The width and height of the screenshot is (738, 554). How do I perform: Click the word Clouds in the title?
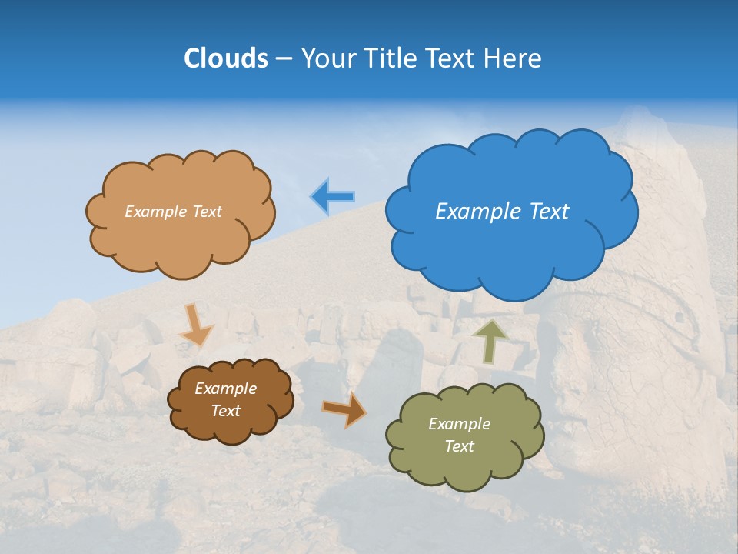tap(226, 58)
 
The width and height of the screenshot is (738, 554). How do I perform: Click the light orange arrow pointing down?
tap(196, 325)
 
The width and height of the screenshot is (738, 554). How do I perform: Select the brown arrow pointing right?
tap(344, 409)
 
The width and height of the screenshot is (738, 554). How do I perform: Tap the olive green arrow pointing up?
tap(491, 341)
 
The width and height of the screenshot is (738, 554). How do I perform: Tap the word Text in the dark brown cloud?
tap(226, 411)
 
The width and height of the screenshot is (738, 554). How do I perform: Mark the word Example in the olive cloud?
tap(459, 424)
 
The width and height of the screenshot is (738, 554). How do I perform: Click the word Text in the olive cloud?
tap(459, 446)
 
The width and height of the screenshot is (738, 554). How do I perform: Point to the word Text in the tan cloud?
tap(206, 212)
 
